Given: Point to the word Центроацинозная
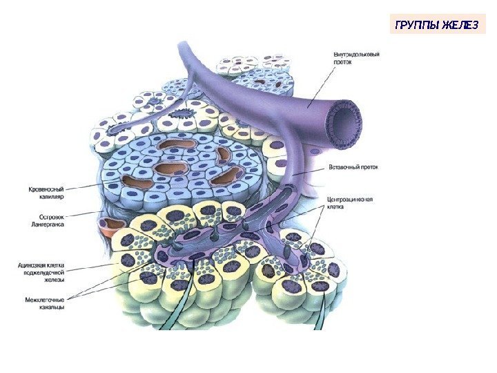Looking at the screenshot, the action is coord(349,200).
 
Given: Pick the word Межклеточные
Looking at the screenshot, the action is coord(40,299).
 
